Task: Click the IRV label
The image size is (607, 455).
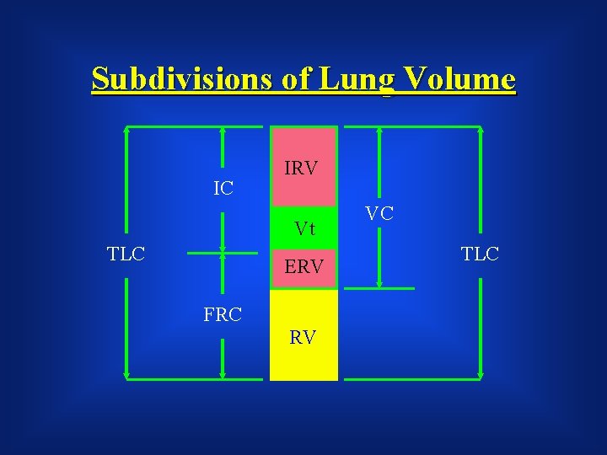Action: point(301,169)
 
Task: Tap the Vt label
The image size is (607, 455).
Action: point(304,228)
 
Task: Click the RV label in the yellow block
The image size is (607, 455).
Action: point(303,338)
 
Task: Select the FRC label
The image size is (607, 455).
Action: point(223,315)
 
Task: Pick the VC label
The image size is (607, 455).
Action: point(379,213)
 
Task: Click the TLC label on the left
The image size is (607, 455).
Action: point(126,254)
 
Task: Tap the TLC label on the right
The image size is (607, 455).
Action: point(481,253)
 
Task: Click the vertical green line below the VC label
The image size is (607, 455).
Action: point(379,257)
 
